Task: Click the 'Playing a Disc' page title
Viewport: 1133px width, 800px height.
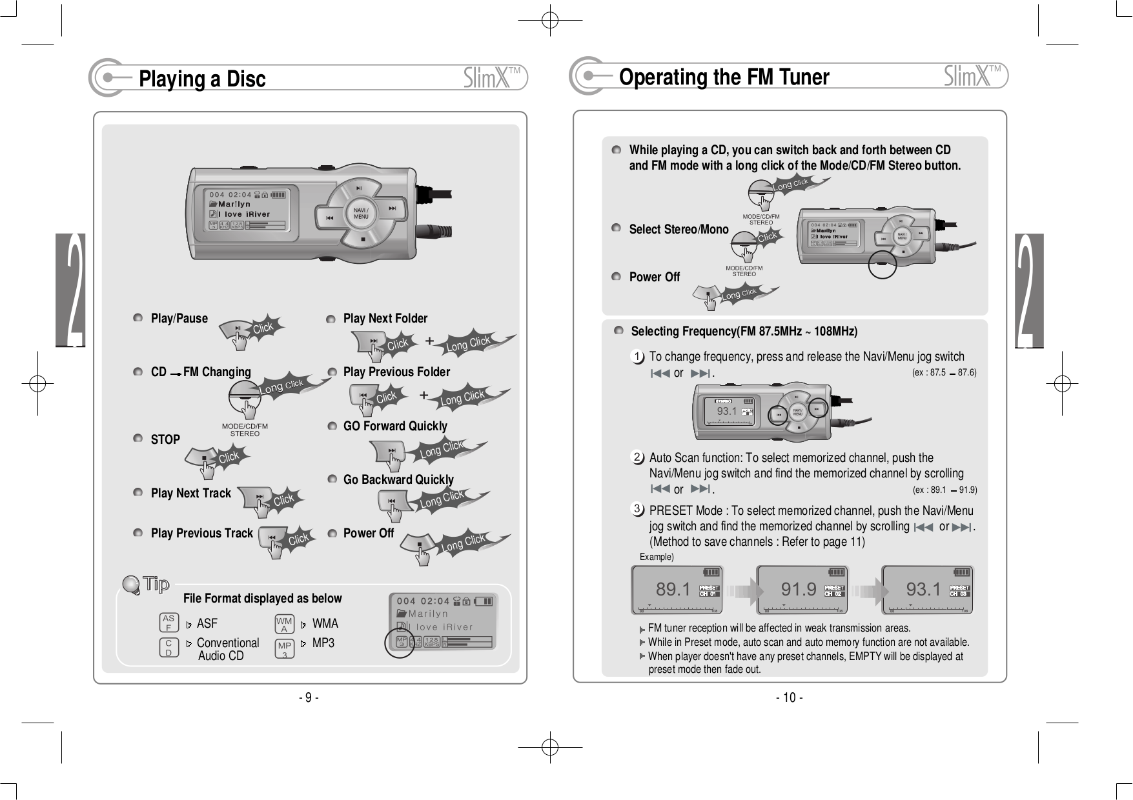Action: pyautogui.click(x=202, y=79)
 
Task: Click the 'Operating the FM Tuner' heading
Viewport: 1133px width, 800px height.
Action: pyautogui.click(x=724, y=77)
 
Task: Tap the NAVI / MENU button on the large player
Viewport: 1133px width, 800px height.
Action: pyautogui.click(x=361, y=214)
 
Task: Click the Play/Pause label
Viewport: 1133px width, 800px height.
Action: pyautogui.click(x=179, y=319)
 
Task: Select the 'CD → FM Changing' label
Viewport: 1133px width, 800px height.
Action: pyautogui.click(x=200, y=372)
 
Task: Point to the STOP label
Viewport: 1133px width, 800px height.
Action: pyautogui.click(x=165, y=440)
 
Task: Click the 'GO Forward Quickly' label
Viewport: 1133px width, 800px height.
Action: pyautogui.click(x=394, y=426)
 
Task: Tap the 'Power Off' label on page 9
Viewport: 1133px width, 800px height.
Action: pyautogui.click(x=368, y=534)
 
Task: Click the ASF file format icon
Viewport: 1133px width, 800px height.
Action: pyautogui.click(x=168, y=623)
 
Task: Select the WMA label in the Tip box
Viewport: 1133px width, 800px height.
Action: pyautogui.click(x=325, y=624)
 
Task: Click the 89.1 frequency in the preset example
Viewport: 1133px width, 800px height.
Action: pyautogui.click(x=673, y=589)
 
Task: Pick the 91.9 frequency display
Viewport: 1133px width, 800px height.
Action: pyautogui.click(x=798, y=589)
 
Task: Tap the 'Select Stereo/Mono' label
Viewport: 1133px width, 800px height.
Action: pyautogui.click(x=679, y=230)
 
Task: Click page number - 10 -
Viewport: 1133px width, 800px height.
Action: pyautogui.click(x=789, y=697)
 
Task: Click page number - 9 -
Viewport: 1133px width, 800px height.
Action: pyautogui.click(x=309, y=697)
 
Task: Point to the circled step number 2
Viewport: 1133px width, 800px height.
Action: pyautogui.click(x=637, y=457)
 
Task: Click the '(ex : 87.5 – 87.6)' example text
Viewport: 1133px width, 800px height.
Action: pyautogui.click(x=943, y=373)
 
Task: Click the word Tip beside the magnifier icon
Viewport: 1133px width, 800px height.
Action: pyautogui.click(x=156, y=585)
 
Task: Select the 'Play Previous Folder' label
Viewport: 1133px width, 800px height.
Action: pyautogui.click(x=396, y=372)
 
